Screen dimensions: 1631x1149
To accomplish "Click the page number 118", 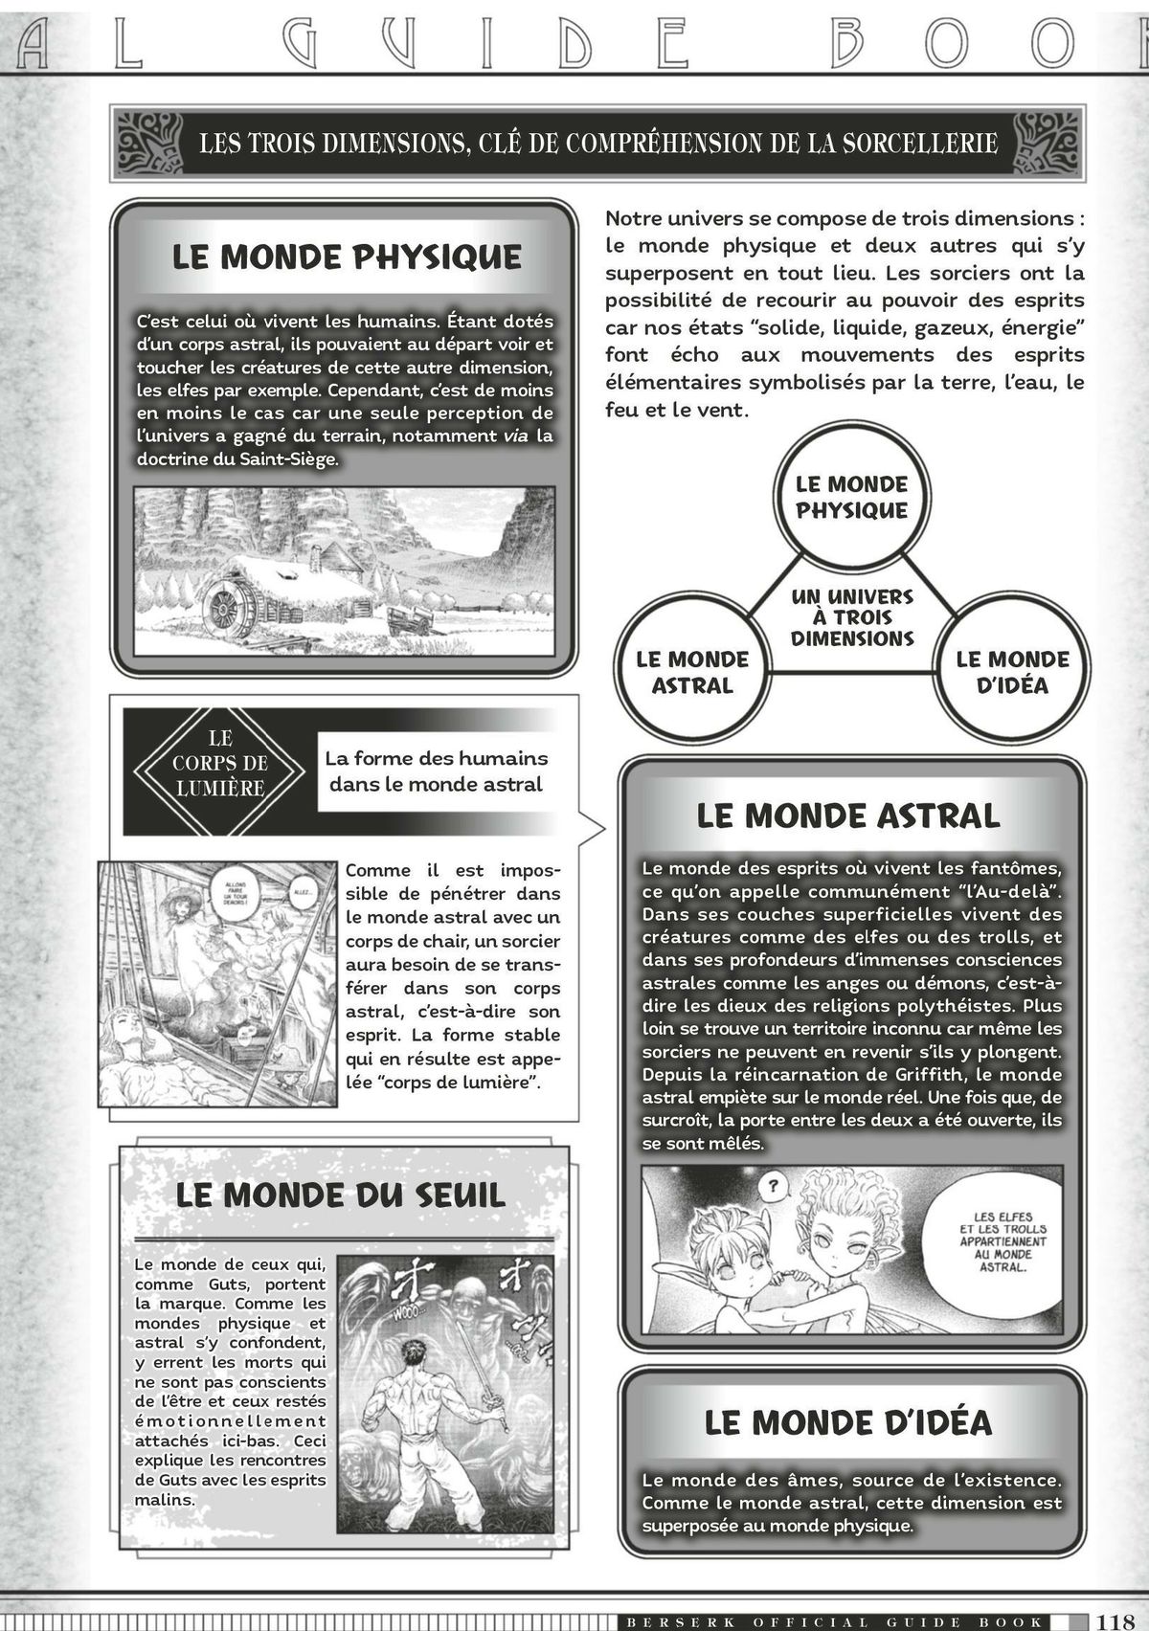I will [x=1115, y=1620].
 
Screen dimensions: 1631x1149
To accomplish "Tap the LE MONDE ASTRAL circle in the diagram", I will [x=691, y=671].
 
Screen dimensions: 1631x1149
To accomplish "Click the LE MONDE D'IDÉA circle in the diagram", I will [x=1012, y=671].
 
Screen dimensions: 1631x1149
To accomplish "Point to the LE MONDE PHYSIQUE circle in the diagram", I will [x=851, y=497].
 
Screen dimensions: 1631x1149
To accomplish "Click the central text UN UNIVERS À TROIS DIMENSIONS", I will [x=852, y=617].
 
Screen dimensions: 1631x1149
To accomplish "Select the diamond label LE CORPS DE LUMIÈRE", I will [x=220, y=764].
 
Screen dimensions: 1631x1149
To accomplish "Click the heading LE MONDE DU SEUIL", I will [x=340, y=1195].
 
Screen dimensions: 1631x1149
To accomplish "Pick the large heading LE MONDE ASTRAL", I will [x=848, y=815].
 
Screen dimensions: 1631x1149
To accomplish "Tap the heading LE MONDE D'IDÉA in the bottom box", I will [x=848, y=1422].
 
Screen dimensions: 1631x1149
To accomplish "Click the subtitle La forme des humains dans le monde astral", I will [x=436, y=771].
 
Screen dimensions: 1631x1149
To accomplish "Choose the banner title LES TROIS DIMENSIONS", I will [x=597, y=144].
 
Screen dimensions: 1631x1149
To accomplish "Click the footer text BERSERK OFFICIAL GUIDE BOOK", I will [x=833, y=1621].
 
